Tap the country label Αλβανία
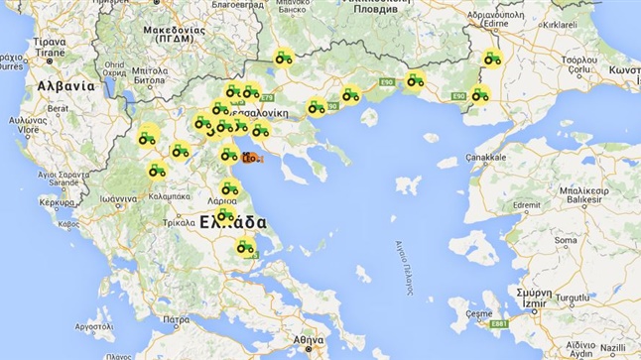tap(65, 86)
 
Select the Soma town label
tap(565, 240)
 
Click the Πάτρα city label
tap(177, 320)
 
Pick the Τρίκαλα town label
tap(180, 223)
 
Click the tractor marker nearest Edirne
tap(491, 59)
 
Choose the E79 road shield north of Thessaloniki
tap(267, 98)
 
